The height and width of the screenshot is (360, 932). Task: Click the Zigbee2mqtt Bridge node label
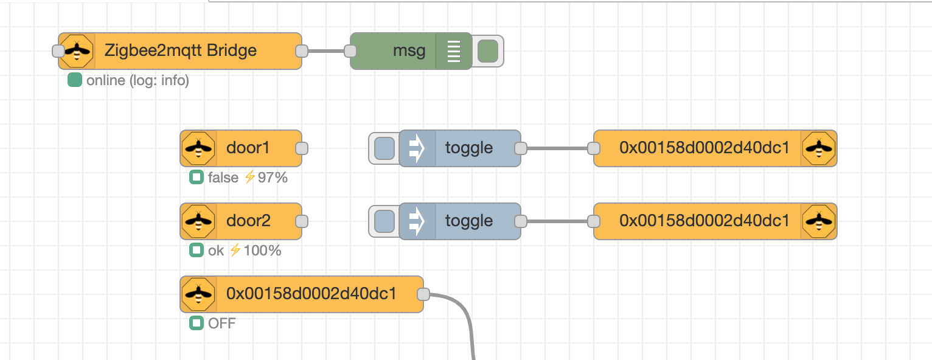click(x=181, y=50)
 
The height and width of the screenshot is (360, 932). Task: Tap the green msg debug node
click(x=411, y=51)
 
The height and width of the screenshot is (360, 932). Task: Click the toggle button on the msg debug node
click(x=488, y=51)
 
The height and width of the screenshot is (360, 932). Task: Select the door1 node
click(x=241, y=148)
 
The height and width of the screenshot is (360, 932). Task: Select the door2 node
click(x=241, y=221)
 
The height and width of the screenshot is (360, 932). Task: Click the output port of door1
click(x=302, y=148)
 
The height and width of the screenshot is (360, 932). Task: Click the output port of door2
click(x=302, y=221)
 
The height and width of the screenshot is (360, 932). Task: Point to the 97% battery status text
click(x=273, y=178)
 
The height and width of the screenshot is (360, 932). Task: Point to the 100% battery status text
click(x=262, y=251)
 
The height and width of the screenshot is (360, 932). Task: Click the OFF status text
click(x=222, y=323)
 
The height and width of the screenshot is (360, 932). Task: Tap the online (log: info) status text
click(x=137, y=80)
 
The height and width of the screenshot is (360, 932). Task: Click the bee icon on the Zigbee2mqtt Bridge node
click(x=77, y=51)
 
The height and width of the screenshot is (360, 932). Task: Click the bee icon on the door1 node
click(x=198, y=148)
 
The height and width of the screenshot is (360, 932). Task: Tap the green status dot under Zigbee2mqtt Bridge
click(x=75, y=80)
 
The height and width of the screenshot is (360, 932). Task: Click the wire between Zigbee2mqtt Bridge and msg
click(x=326, y=51)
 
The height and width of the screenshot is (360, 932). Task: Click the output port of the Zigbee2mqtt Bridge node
click(x=302, y=51)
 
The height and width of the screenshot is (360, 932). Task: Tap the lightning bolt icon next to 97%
click(x=249, y=177)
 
